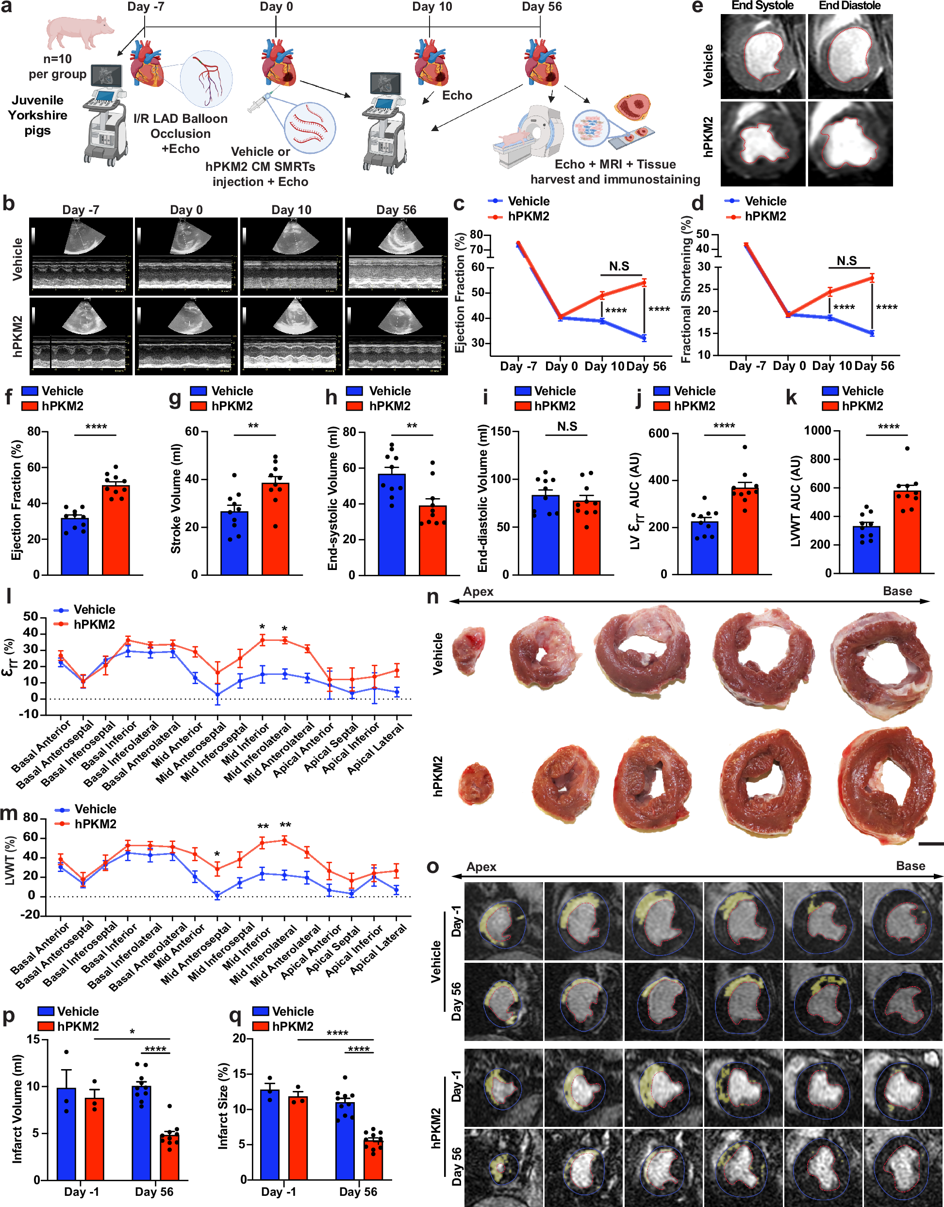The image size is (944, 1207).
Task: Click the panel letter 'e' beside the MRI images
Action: (x=697, y=7)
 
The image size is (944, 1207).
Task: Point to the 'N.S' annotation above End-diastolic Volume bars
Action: (x=567, y=426)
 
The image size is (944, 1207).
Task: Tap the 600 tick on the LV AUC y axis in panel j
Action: (x=659, y=434)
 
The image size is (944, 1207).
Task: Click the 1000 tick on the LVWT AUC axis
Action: (x=817, y=431)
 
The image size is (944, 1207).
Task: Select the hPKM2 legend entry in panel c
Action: (x=528, y=216)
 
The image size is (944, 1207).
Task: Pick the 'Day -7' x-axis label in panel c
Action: (x=518, y=366)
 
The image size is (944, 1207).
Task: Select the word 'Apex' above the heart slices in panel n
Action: (x=478, y=592)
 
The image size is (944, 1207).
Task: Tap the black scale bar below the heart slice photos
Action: (x=931, y=844)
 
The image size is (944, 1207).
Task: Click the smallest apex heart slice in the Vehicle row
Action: (x=469, y=651)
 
